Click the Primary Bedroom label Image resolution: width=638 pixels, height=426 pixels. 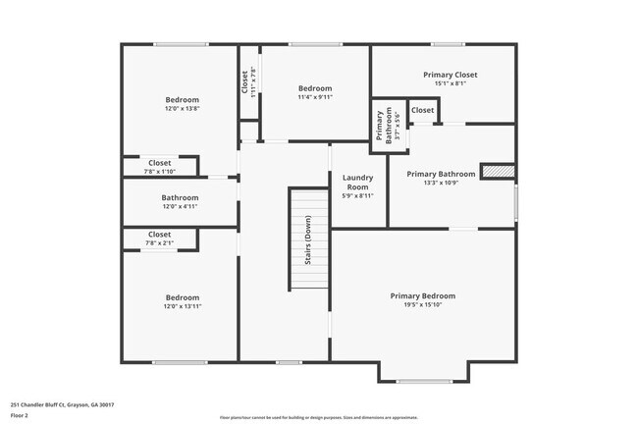click(x=423, y=295)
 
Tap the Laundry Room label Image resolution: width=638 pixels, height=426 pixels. click(x=356, y=182)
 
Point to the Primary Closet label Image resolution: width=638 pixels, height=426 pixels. click(x=451, y=75)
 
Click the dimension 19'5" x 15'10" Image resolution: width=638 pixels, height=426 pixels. click(x=423, y=305)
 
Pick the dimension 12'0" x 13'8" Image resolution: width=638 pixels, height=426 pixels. click(x=182, y=109)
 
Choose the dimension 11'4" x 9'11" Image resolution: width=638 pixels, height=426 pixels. click(x=315, y=97)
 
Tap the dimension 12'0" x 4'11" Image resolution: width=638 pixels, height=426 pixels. click(x=180, y=207)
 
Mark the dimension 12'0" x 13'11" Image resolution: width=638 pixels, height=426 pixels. click(x=182, y=307)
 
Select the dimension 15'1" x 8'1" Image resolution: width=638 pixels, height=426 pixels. click(x=451, y=83)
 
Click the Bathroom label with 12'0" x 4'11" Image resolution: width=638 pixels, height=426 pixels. click(x=180, y=197)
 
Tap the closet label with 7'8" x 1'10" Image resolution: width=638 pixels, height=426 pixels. click(x=160, y=162)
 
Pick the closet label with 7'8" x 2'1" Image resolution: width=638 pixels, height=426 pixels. click(x=160, y=235)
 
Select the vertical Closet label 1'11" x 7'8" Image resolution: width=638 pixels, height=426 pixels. click(x=244, y=81)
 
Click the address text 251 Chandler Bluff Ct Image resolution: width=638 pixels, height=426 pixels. click(x=62, y=404)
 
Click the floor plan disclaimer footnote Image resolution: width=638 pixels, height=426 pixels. click(x=318, y=417)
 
